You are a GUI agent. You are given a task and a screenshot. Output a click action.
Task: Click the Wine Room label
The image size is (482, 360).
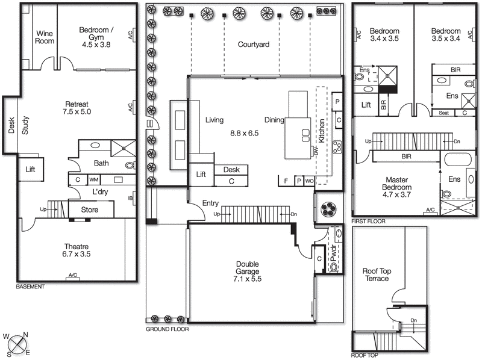coord(46,37)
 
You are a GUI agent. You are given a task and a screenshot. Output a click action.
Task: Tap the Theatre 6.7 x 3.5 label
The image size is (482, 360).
coord(76,250)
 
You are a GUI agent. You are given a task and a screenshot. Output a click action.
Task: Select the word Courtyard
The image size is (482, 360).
coord(253,45)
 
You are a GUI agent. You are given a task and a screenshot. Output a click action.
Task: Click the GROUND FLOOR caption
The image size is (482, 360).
coord(167,330)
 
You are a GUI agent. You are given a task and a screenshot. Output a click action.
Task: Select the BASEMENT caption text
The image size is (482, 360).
coord(31,287)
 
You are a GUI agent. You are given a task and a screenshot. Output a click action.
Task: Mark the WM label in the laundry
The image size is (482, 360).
coord(94,179)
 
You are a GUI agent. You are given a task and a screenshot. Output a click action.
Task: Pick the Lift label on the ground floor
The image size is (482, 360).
coord(201,175)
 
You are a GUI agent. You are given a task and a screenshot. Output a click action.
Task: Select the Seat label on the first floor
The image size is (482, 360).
coord(443,113)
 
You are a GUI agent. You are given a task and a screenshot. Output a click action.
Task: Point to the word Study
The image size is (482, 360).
coord(25,126)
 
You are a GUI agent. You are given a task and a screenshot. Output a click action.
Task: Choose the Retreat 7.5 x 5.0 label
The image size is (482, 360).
coord(76,108)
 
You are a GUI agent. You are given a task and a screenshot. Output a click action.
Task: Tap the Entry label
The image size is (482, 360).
coord(210,203)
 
